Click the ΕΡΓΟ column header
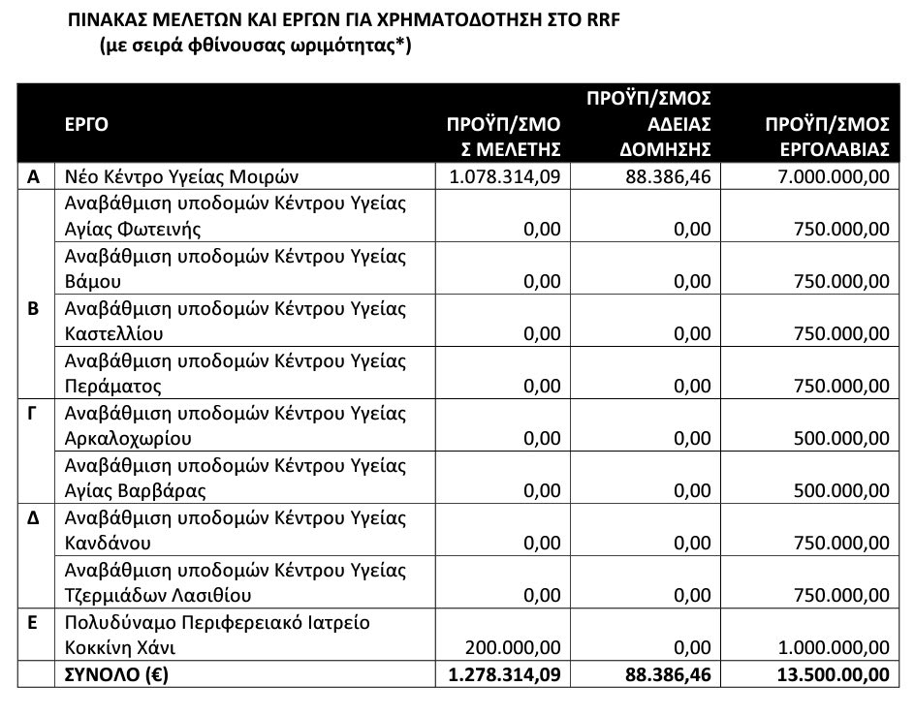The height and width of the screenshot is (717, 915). point(86,123)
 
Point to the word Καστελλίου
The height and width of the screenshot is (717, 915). point(113,333)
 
